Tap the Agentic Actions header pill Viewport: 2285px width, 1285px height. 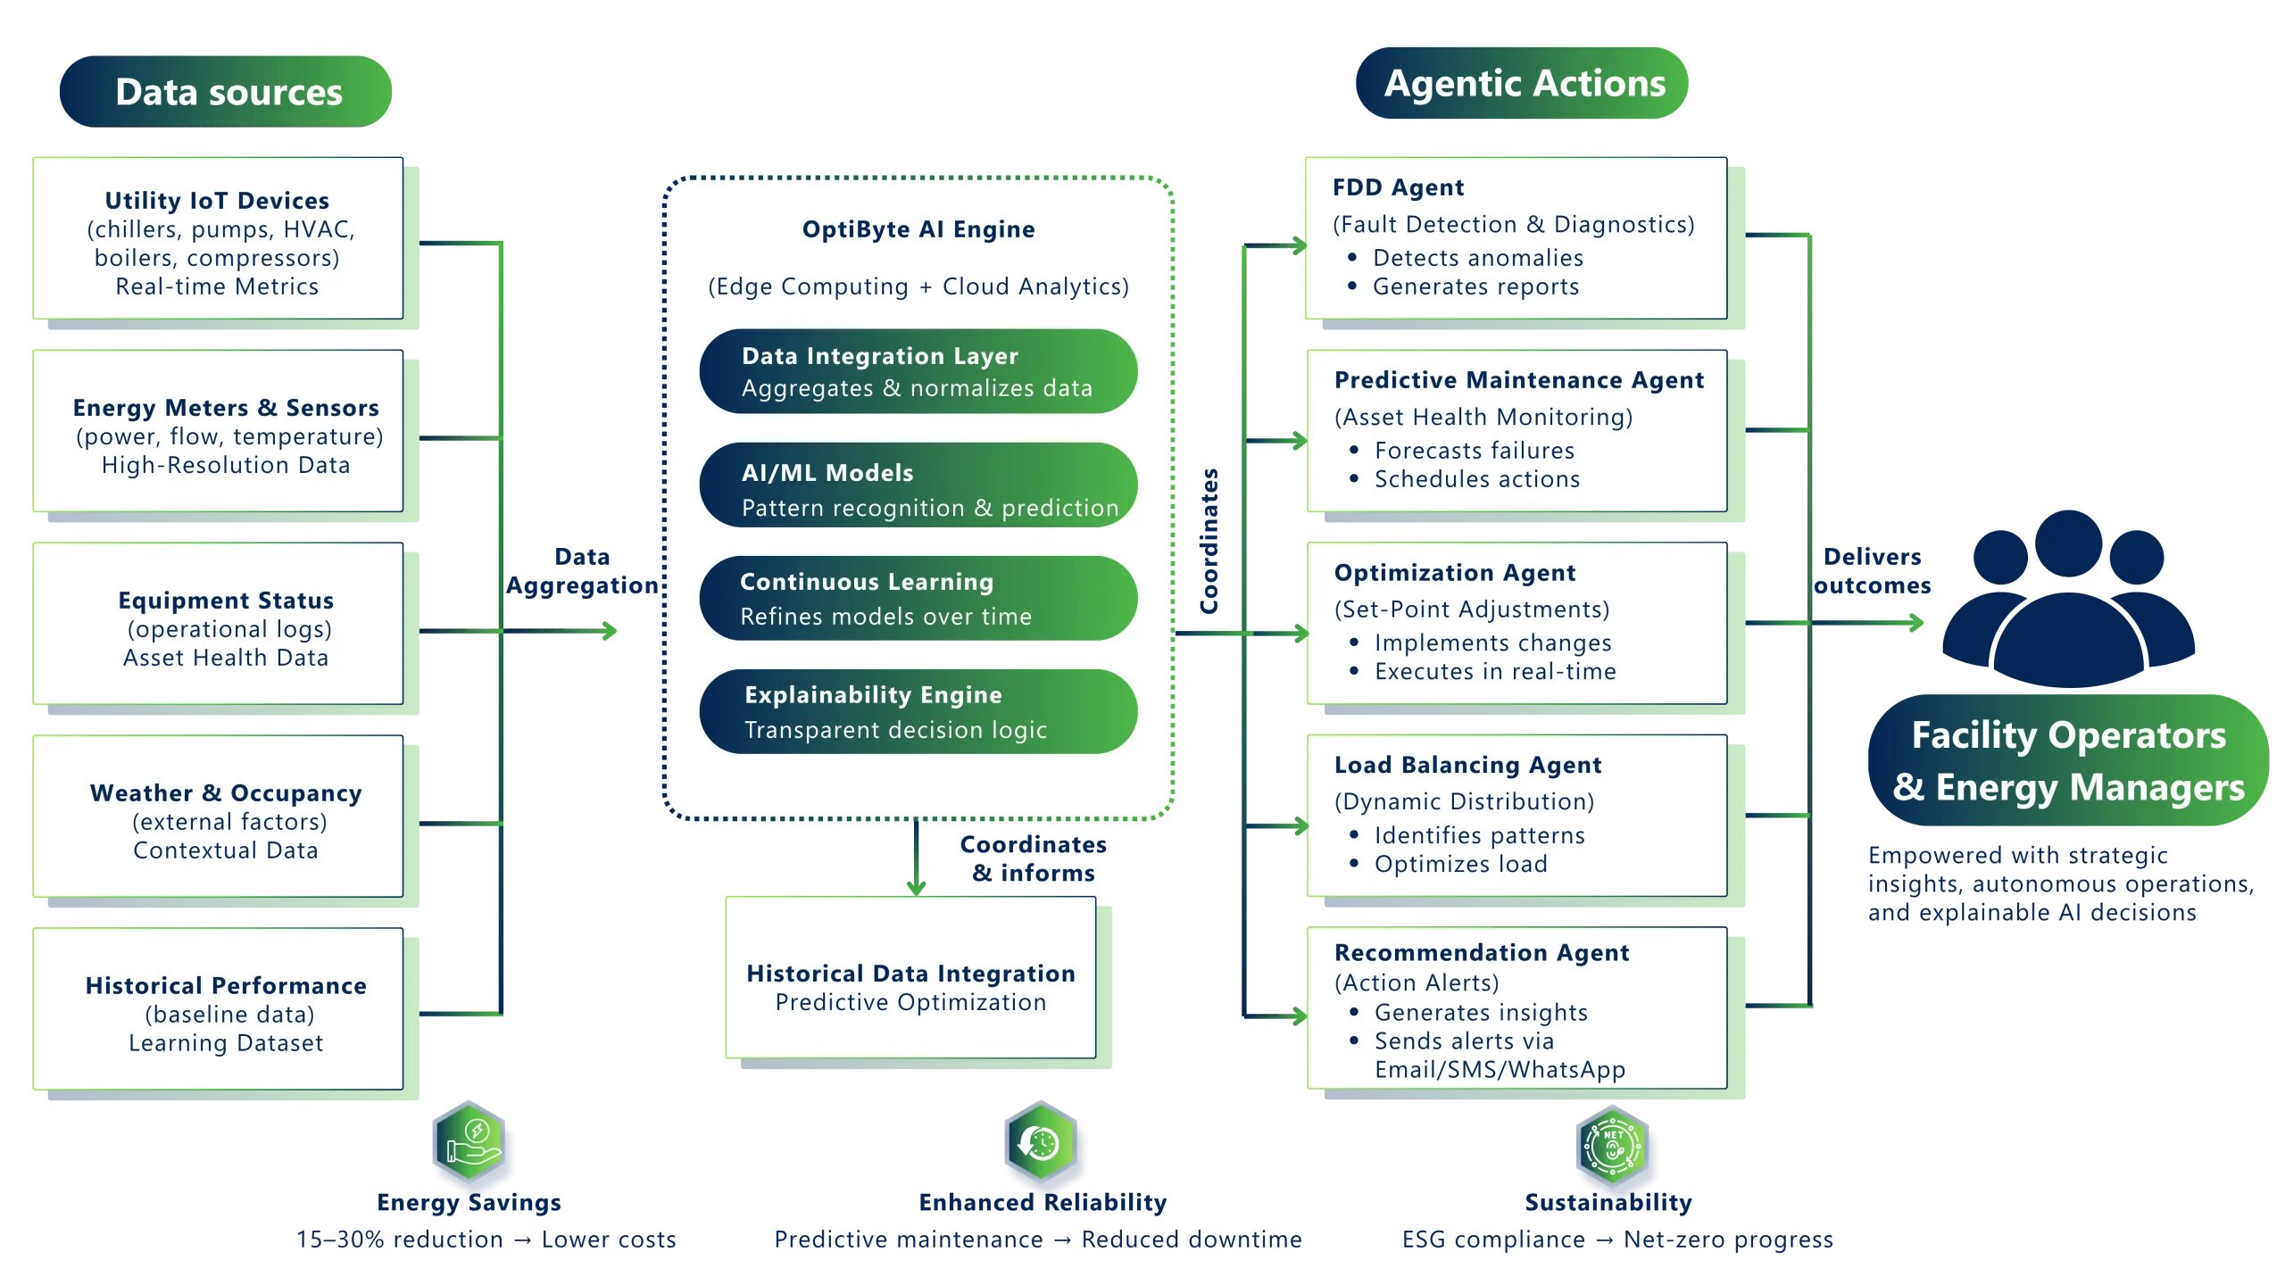coord(1523,83)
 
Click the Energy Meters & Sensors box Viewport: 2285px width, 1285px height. coord(218,434)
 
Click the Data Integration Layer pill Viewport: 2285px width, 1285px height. coord(918,371)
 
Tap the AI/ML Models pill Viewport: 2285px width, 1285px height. coord(918,486)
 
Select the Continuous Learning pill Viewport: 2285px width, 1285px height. coord(918,599)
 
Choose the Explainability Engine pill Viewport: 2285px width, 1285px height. coord(918,712)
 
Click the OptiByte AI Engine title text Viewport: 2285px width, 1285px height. coord(918,229)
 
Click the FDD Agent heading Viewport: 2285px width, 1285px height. coord(1398,187)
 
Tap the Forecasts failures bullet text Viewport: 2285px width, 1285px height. coord(1474,451)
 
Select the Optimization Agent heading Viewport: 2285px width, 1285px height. coord(1454,573)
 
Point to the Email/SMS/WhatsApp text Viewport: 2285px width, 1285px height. coord(1499,1070)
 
